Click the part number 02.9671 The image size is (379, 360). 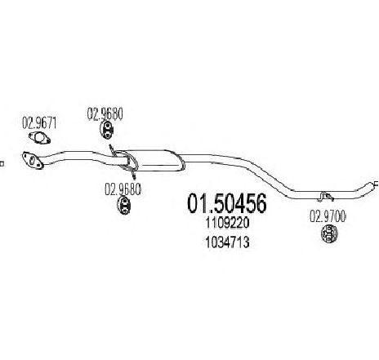coord(39,122)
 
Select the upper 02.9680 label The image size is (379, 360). coord(105,113)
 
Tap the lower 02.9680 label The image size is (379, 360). coord(123,189)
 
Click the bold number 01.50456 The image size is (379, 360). coord(227,203)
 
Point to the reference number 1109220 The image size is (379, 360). coord(227,224)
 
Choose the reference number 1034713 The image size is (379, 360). coord(227,242)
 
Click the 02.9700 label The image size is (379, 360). coord(328,217)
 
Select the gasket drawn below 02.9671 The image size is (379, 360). coord(39,138)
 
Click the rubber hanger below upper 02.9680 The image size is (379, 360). coord(106,130)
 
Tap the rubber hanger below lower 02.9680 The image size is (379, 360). coord(124,206)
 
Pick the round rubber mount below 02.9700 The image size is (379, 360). coord(329,233)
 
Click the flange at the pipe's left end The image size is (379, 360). coord(33,160)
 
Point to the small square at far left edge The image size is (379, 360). coord(2,164)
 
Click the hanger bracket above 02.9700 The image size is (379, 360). coord(326,197)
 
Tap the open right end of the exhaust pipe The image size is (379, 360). coord(375,184)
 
